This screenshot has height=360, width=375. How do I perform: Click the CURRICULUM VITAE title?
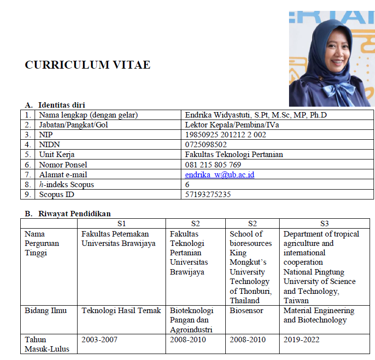tap(87, 65)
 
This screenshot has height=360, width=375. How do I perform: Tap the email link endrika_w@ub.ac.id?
tap(219, 175)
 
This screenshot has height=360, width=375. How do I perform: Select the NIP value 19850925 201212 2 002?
tap(225, 135)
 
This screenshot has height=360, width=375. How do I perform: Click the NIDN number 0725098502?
tap(206, 145)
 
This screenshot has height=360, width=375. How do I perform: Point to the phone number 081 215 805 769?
tap(213, 164)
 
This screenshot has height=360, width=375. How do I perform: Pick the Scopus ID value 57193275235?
tap(208, 195)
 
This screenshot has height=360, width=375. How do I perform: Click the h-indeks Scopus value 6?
tap(187, 185)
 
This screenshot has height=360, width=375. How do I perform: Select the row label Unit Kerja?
tap(57, 155)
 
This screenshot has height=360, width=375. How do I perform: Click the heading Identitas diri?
tap(61, 105)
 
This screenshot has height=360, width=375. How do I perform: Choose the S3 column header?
tap(324, 223)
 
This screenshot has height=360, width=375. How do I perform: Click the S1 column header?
tap(122, 223)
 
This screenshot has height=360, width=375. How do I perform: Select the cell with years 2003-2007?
tap(99, 339)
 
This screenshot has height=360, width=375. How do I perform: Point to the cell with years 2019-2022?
tap(301, 339)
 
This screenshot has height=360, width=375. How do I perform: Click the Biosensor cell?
tap(247, 311)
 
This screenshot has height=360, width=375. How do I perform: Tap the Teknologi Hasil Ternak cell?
tap(121, 311)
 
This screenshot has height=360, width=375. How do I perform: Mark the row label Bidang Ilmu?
tap(45, 311)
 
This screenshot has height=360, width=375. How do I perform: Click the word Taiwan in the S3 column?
tap(296, 300)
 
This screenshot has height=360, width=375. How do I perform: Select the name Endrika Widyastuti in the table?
tap(217, 115)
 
